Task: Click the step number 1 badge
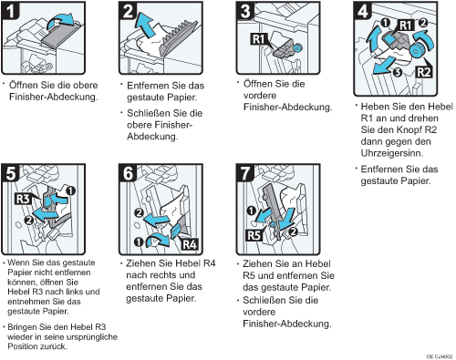(x=10, y=10)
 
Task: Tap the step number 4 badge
(x=363, y=10)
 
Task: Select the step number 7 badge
(x=245, y=173)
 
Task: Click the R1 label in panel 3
(x=258, y=39)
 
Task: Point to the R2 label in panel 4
(x=423, y=72)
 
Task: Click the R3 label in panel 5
(x=23, y=199)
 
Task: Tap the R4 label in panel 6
(x=189, y=244)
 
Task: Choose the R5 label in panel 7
(x=254, y=235)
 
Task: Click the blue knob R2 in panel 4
(x=415, y=51)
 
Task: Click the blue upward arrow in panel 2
(x=145, y=25)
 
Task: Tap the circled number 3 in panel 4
(x=397, y=73)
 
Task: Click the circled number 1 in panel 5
(x=70, y=191)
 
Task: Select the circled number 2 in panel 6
(x=140, y=212)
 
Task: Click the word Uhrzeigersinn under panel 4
(x=391, y=153)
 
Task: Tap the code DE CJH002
(x=440, y=356)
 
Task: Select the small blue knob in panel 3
(x=297, y=47)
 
